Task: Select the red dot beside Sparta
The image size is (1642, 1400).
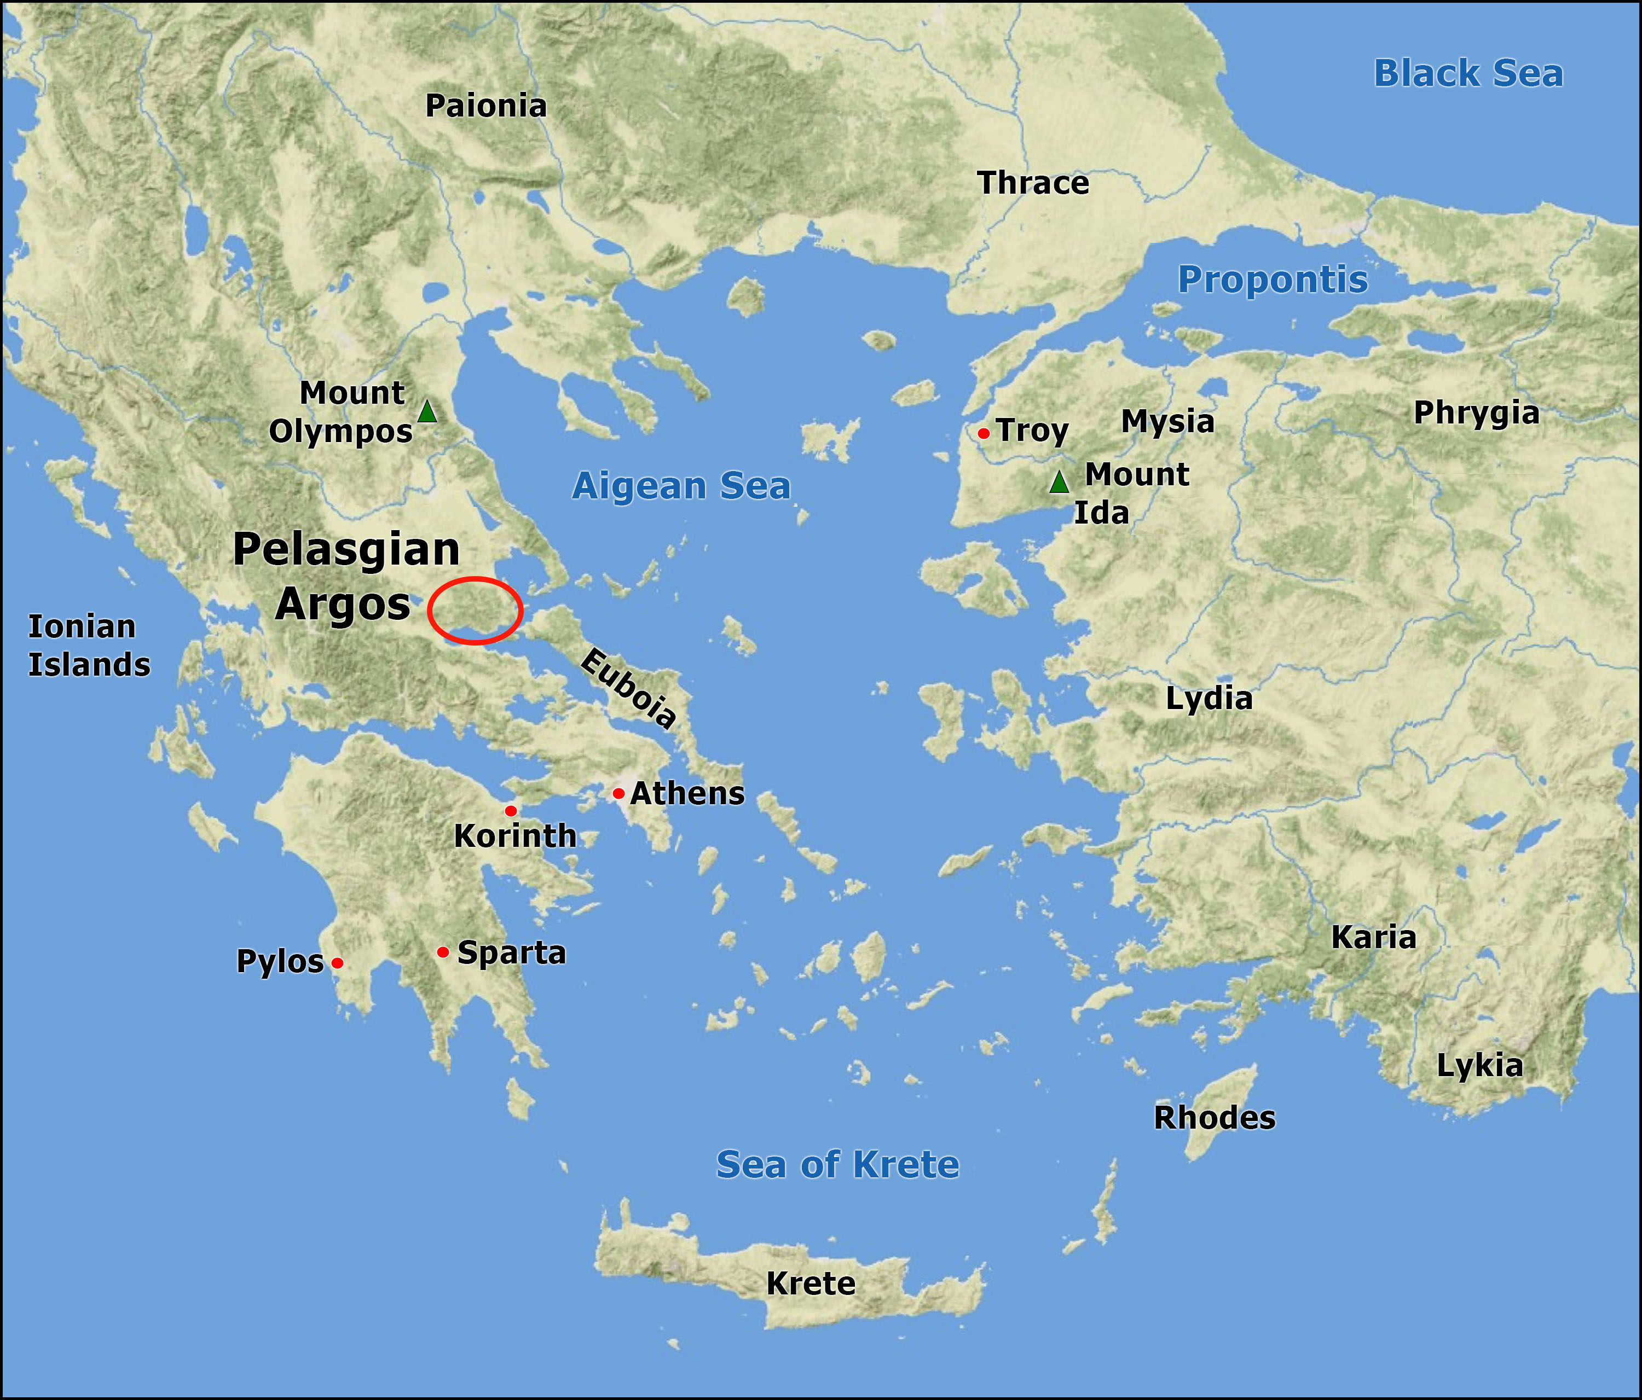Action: coord(443,951)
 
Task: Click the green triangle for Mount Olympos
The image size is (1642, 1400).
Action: coord(427,411)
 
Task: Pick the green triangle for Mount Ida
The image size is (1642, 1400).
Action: coord(1060,482)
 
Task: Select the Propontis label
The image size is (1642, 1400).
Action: coord(1273,280)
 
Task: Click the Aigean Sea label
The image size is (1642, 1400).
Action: coord(681,486)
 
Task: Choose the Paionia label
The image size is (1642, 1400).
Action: coord(486,106)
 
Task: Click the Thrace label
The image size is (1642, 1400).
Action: coord(1033,183)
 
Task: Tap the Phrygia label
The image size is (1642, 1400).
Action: coord(1476,413)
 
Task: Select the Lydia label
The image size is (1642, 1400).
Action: coord(1209,698)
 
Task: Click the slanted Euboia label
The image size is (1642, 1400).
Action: coord(628,688)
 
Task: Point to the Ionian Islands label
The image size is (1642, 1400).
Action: coord(89,646)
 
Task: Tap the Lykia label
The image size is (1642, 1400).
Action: coord(1479,1066)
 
